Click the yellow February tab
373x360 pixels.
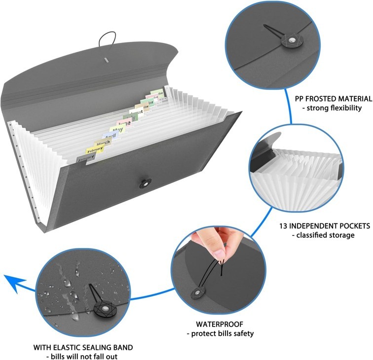point(95,149)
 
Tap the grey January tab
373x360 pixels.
point(86,157)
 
